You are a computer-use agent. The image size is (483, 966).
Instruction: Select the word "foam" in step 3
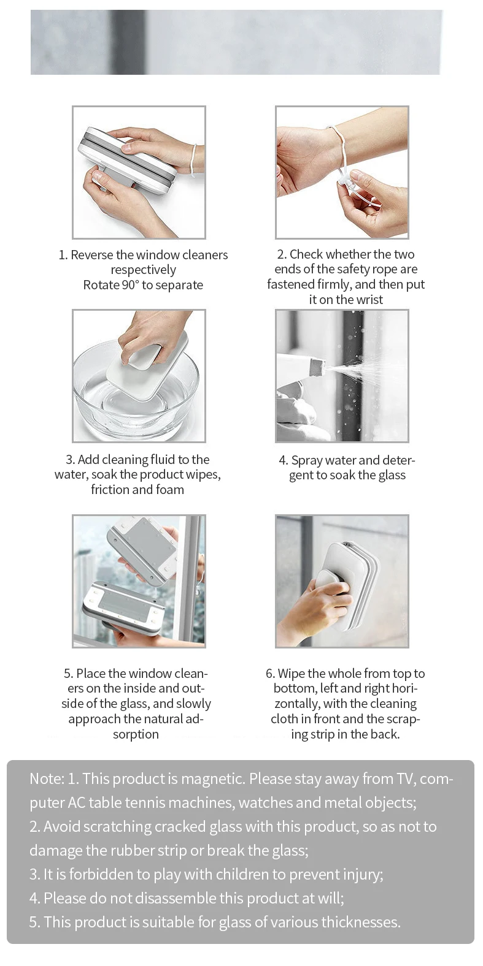[169, 490]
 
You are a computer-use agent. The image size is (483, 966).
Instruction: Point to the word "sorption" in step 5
[136, 734]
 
